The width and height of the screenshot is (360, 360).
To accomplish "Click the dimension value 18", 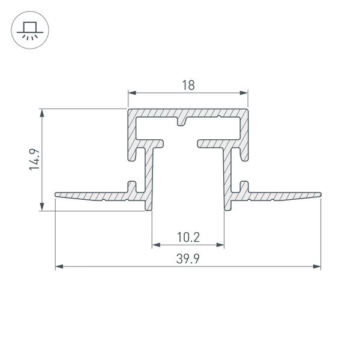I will tap(188, 86).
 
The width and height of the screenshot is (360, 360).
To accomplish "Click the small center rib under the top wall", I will tap(182, 123).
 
